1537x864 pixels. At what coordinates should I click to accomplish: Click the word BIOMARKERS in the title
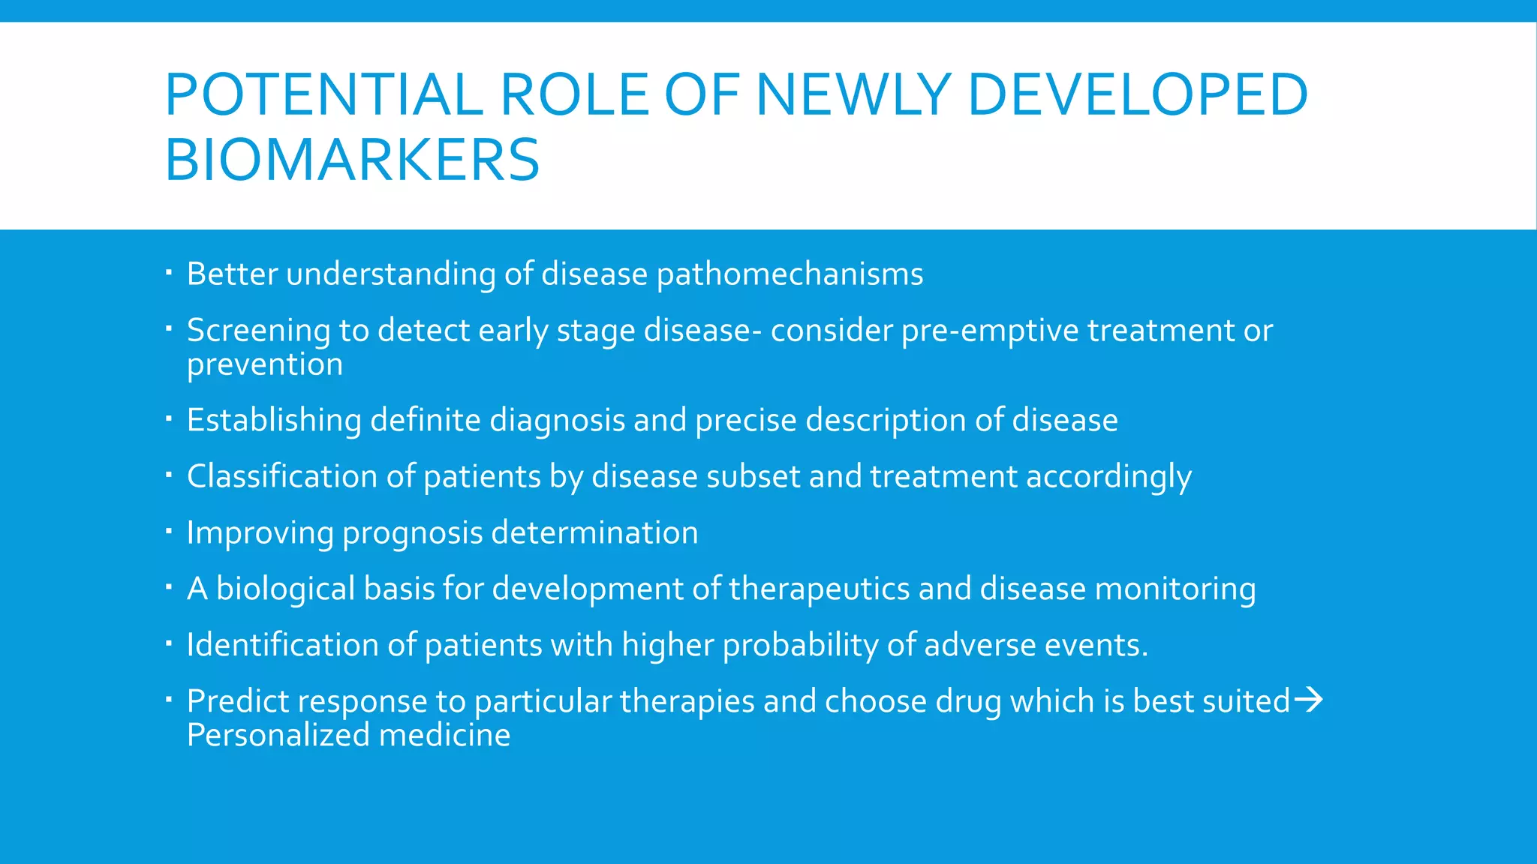click(352, 160)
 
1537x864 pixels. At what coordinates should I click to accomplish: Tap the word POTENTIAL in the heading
click(323, 94)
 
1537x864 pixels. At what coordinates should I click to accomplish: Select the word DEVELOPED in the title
click(1138, 94)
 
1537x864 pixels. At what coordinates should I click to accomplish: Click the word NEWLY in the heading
click(854, 94)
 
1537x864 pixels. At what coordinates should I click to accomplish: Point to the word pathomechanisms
click(790, 274)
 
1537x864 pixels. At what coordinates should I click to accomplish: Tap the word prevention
click(265, 364)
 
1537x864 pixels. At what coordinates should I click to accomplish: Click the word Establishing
click(274, 420)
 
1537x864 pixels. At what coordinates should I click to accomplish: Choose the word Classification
click(281, 476)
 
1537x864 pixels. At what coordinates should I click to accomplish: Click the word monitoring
click(1175, 589)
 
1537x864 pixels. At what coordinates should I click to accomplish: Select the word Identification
click(282, 645)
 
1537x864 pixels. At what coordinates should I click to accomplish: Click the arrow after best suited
click(1309, 700)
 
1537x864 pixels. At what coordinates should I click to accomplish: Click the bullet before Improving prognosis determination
click(169, 532)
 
